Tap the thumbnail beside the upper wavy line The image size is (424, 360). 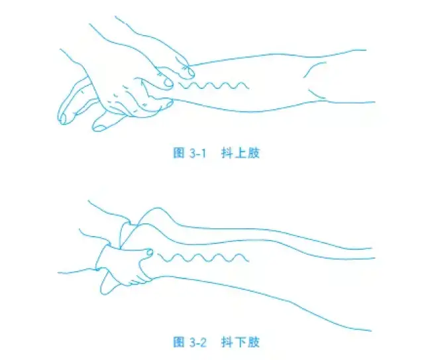[169, 84]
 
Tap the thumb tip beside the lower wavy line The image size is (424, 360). [150, 253]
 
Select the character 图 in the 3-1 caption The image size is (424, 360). [178, 153]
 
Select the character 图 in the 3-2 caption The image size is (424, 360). [178, 342]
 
